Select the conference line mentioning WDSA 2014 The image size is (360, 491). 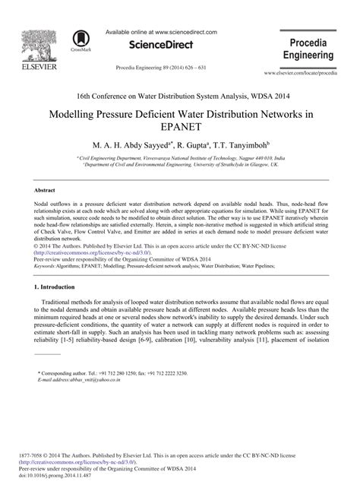[179, 96]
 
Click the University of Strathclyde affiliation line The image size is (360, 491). [180, 163]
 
